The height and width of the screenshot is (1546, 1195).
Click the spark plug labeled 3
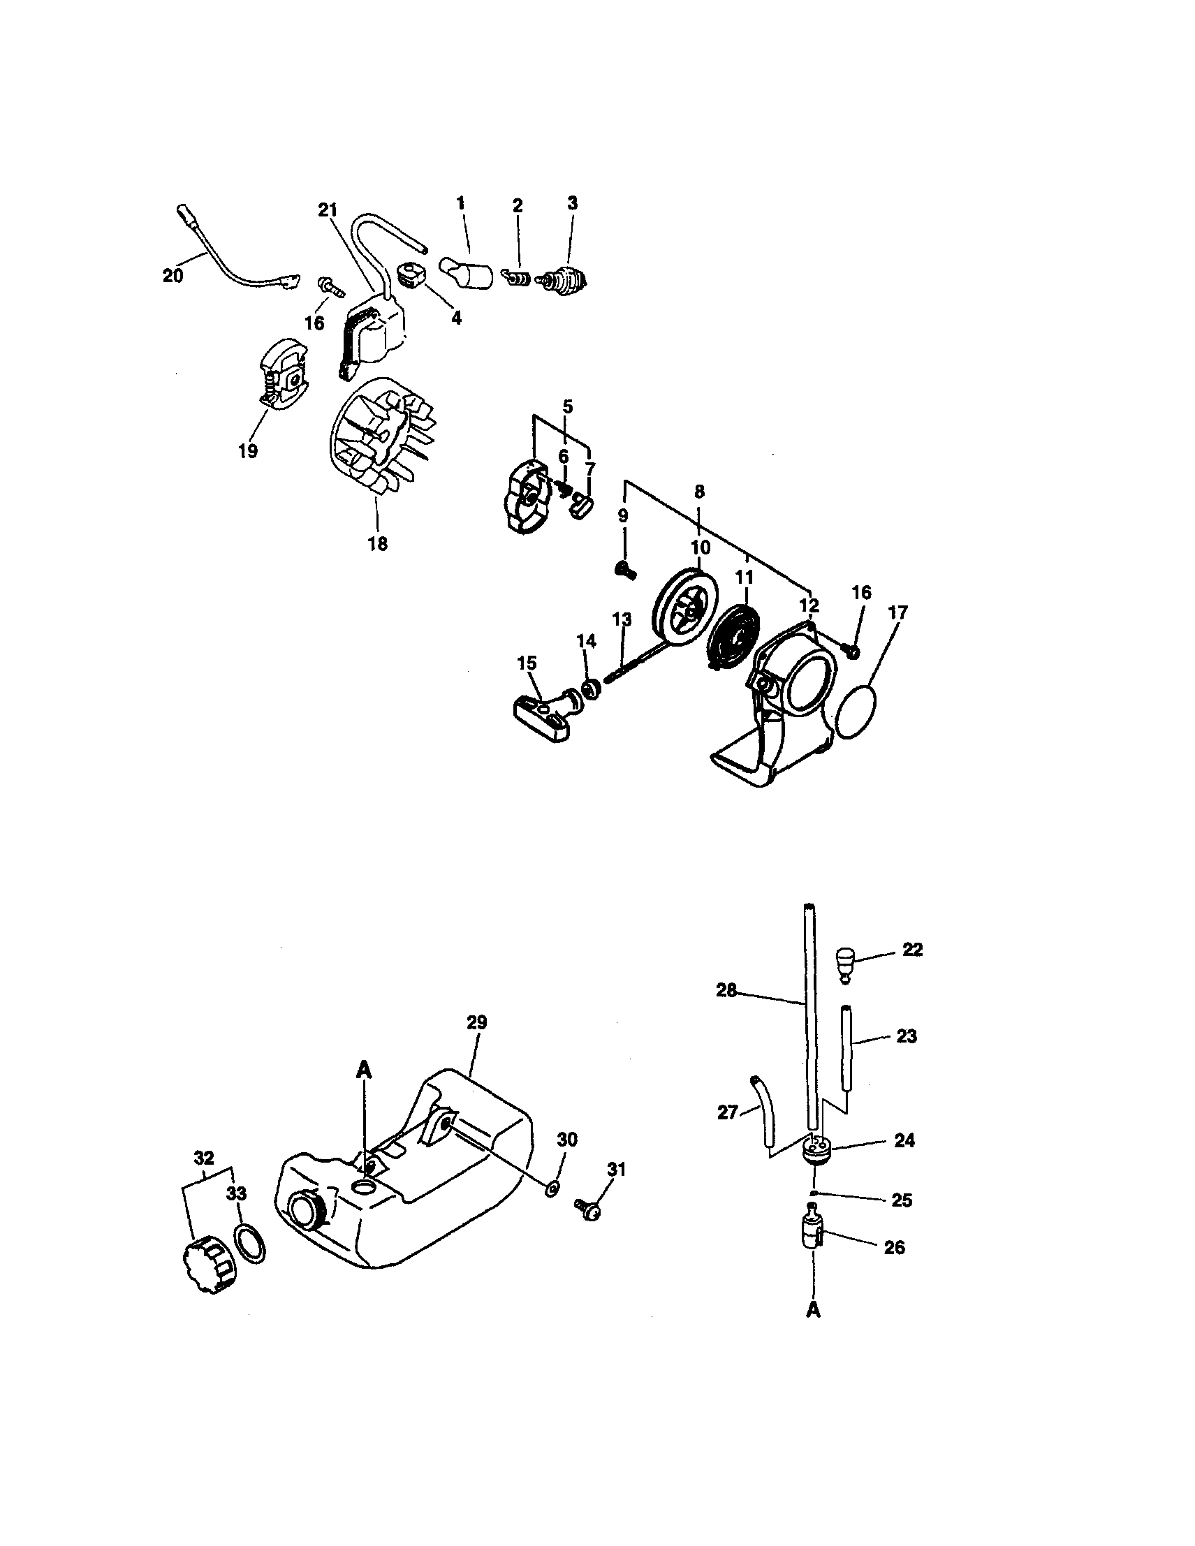(x=566, y=281)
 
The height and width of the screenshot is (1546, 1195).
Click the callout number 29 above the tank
(x=476, y=1022)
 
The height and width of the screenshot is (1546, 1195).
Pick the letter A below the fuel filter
(x=813, y=1310)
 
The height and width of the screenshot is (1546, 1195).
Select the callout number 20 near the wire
(x=172, y=276)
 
